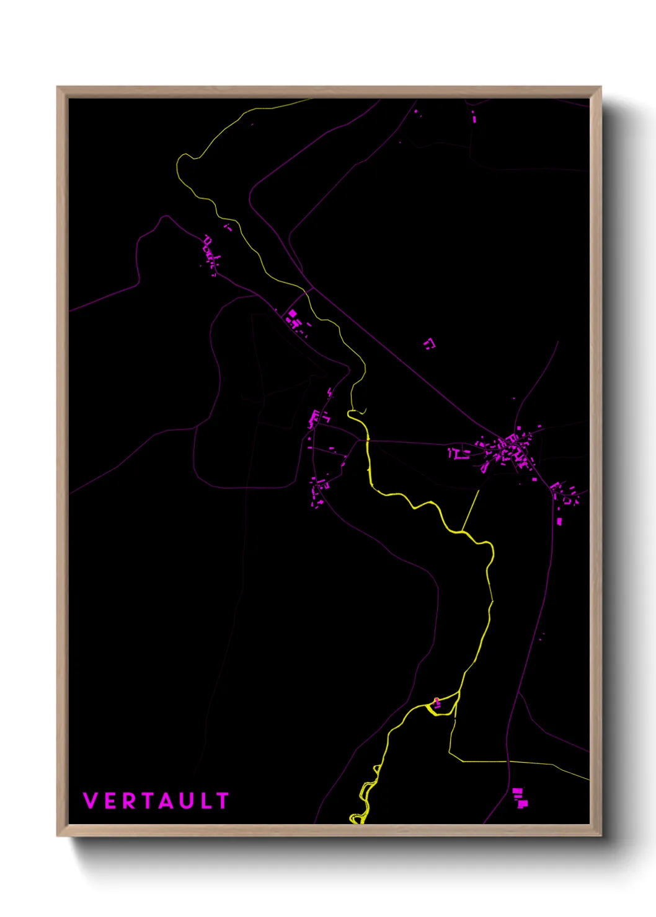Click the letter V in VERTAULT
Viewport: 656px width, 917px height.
pos(91,801)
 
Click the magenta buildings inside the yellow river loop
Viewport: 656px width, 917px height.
pos(437,702)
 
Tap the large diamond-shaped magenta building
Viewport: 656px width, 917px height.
pos(292,314)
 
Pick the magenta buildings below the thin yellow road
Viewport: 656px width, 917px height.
pos(520,797)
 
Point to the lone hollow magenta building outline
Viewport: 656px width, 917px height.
pos(429,343)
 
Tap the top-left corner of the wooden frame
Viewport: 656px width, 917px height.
pos(58,88)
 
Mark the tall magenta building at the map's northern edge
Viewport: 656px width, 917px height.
pos(474,116)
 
